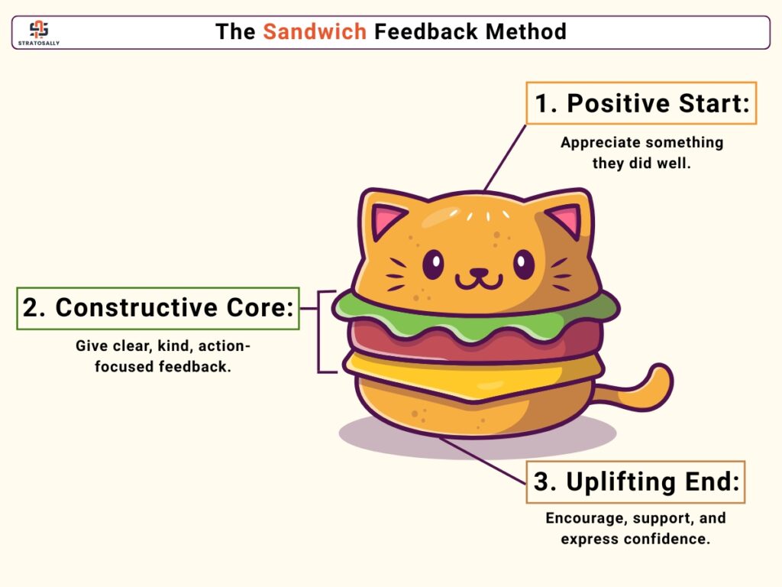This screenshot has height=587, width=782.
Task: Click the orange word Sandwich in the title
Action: click(x=315, y=31)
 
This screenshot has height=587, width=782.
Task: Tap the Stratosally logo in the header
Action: click(x=38, y=33)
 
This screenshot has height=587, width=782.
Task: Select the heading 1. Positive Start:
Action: click(x=641, y=103)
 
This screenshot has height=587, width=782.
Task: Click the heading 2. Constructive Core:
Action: click(x=158, y=307)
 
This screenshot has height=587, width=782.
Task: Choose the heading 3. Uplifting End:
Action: click(x=636, y=482)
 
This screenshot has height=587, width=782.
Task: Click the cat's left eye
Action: click(x=433, y=264)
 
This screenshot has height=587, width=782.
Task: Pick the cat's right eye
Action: click(x=524, y=264)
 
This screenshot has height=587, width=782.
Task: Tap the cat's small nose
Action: click(x=479, y=273)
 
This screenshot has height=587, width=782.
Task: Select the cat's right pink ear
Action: click(x=566, y=221)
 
